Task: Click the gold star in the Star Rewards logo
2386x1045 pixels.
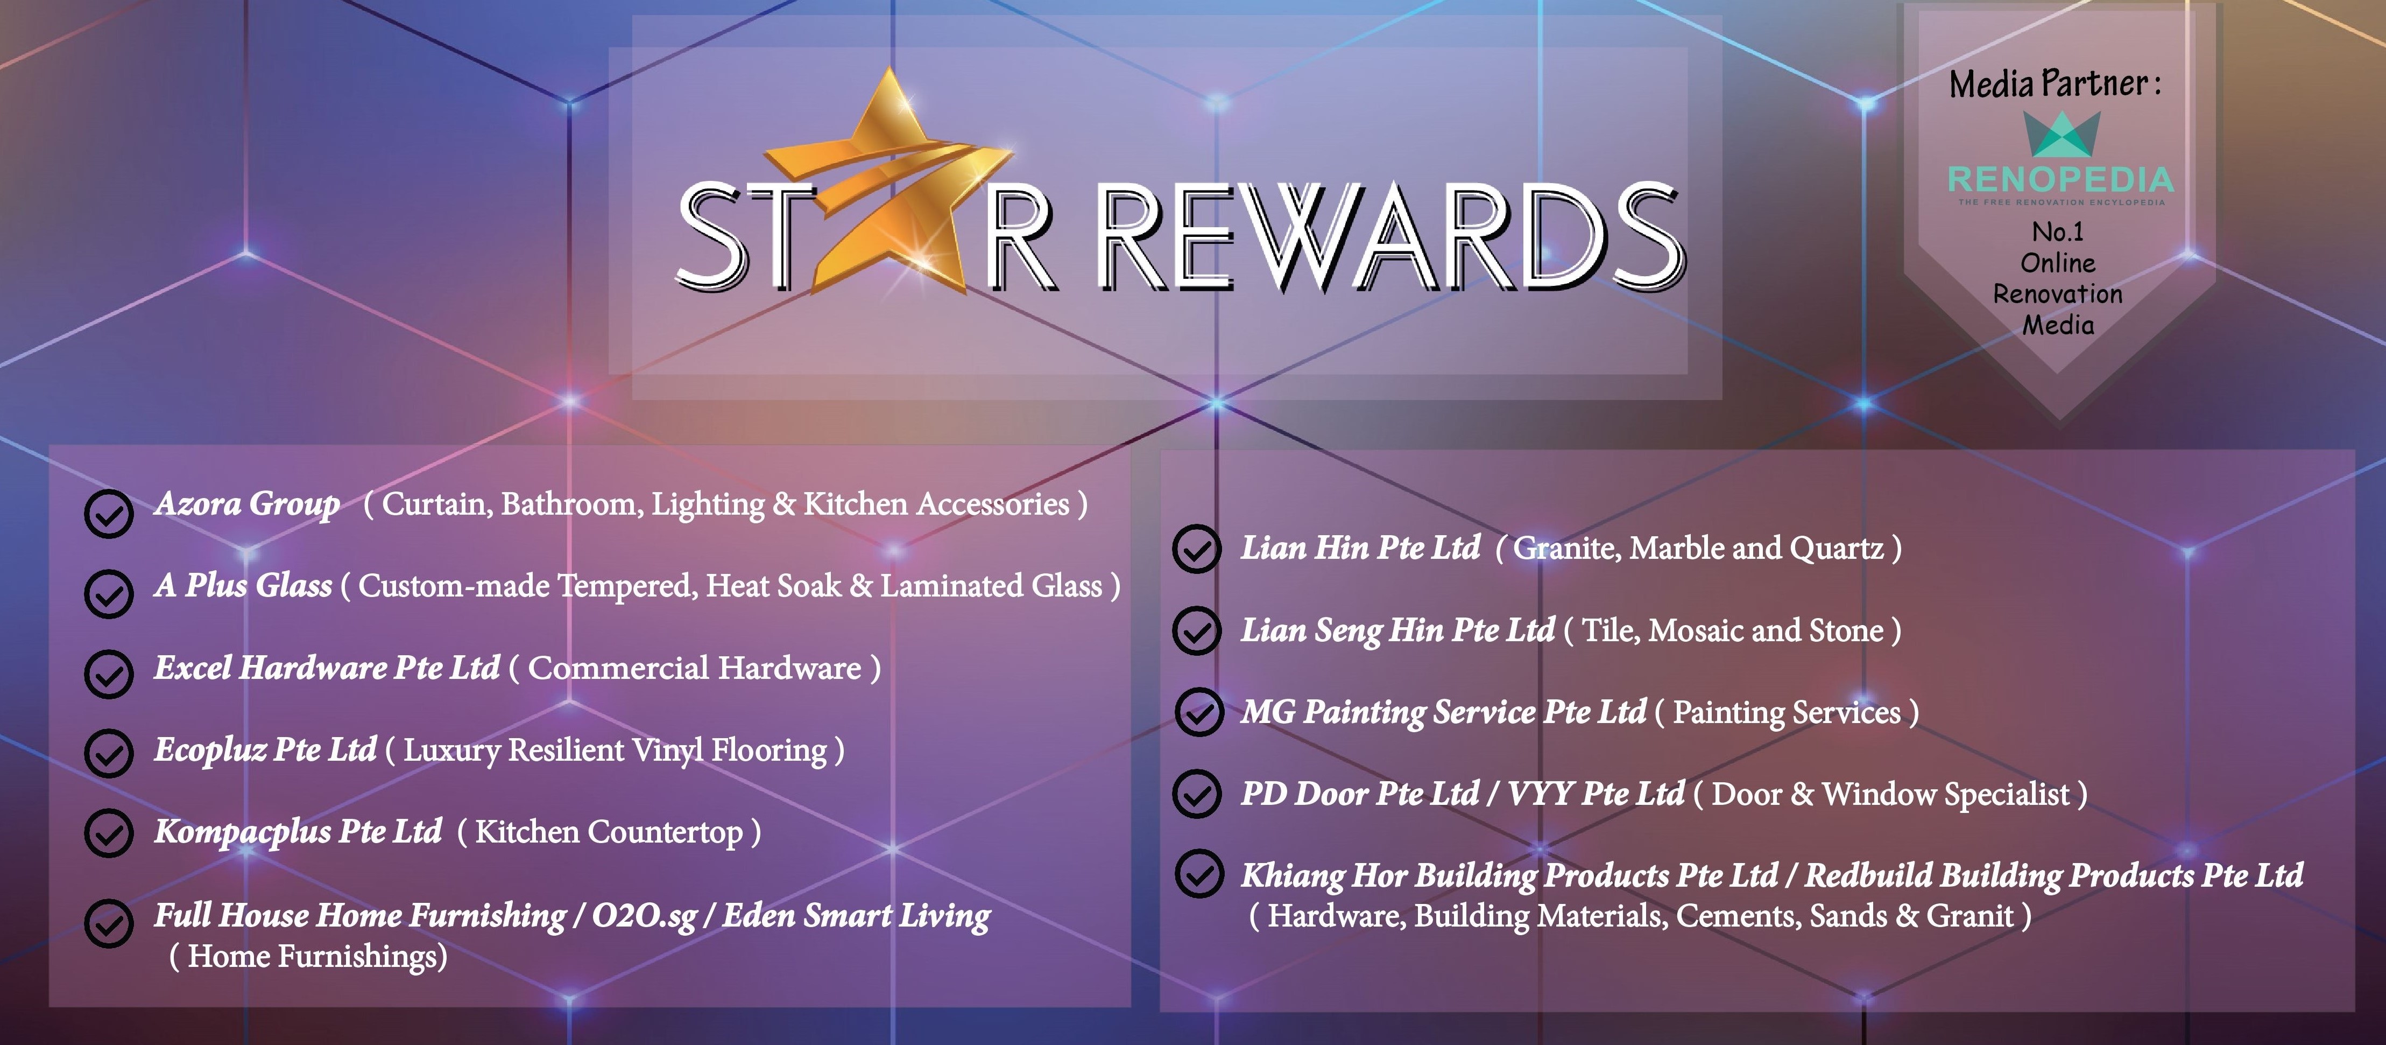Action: [889, 185]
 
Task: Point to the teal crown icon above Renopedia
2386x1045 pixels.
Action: [2061, 135]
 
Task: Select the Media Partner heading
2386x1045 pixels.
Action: [2056, 83]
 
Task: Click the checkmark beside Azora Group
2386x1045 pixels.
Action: [109, 513]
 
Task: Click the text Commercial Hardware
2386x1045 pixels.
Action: [695, 668]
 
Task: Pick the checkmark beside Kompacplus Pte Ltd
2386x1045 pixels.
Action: [109, 834]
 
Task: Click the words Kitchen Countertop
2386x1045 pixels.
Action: [609, 832]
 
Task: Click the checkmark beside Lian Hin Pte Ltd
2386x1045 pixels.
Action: [1197, 549]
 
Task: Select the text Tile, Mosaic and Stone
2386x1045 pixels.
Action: [1732, 630]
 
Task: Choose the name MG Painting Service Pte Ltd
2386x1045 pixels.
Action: [1444, 712]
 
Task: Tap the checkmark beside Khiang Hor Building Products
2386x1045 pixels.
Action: [1198, 874]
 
